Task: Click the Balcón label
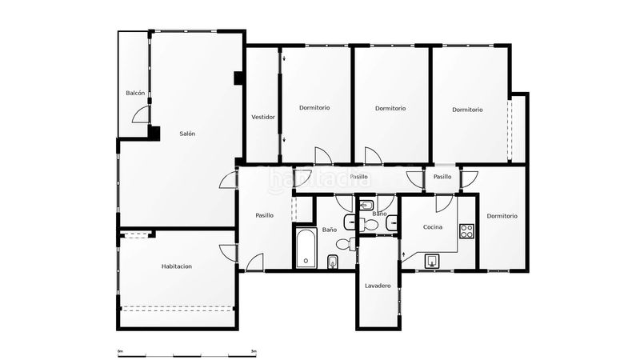(135, 93)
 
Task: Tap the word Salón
(187, 134)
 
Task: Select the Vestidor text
(263, 117)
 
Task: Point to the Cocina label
(433, 227)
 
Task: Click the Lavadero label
(378, 286)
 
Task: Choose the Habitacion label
(177, 266)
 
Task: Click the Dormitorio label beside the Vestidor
(314, 108)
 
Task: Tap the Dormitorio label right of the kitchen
(502, 216)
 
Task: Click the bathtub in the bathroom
(306, 248)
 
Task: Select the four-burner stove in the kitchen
(466, 231)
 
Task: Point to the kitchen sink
(432, 261)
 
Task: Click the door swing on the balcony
(141, 114)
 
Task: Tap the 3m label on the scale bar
(254, 351)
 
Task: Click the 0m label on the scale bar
(120, 351)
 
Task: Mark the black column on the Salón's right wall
(238, 78)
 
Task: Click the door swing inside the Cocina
(444, 204)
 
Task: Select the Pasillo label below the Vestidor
(265, 215)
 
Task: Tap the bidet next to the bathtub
(333, 262)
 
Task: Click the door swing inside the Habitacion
(228, 253)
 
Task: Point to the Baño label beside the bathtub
(330, 230)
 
